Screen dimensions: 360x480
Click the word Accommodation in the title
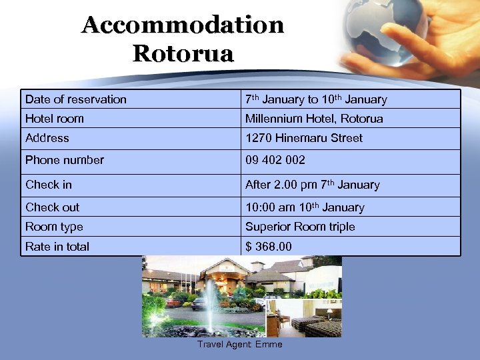tap(183, 25)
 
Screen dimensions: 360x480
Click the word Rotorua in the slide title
tap(183, 53)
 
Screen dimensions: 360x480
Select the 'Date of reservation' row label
tap(76, 99)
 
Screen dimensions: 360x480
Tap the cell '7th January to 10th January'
tap(316, 99)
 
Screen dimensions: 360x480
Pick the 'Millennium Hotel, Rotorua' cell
tap(314, 119)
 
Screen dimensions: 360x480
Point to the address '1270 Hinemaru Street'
tap(304, 138)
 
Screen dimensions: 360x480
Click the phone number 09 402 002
tap(275, 160)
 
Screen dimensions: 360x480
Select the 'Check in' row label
tap(49, 185)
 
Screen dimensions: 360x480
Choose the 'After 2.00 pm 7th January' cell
tap(312, 185)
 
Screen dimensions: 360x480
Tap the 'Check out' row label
tap(52, 207)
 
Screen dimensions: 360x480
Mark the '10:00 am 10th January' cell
tap(305, 207)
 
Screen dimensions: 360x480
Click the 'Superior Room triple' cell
tap(300, 227)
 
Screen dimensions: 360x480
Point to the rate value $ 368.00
tap(269, 247)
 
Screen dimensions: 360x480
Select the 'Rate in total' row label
tap(57, 247)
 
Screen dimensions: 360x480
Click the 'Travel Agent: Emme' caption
tap(240, 345)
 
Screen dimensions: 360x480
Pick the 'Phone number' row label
tap(65, 160)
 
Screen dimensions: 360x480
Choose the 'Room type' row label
tap(54, 227)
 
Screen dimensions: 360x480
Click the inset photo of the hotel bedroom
tap(304, 318)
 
